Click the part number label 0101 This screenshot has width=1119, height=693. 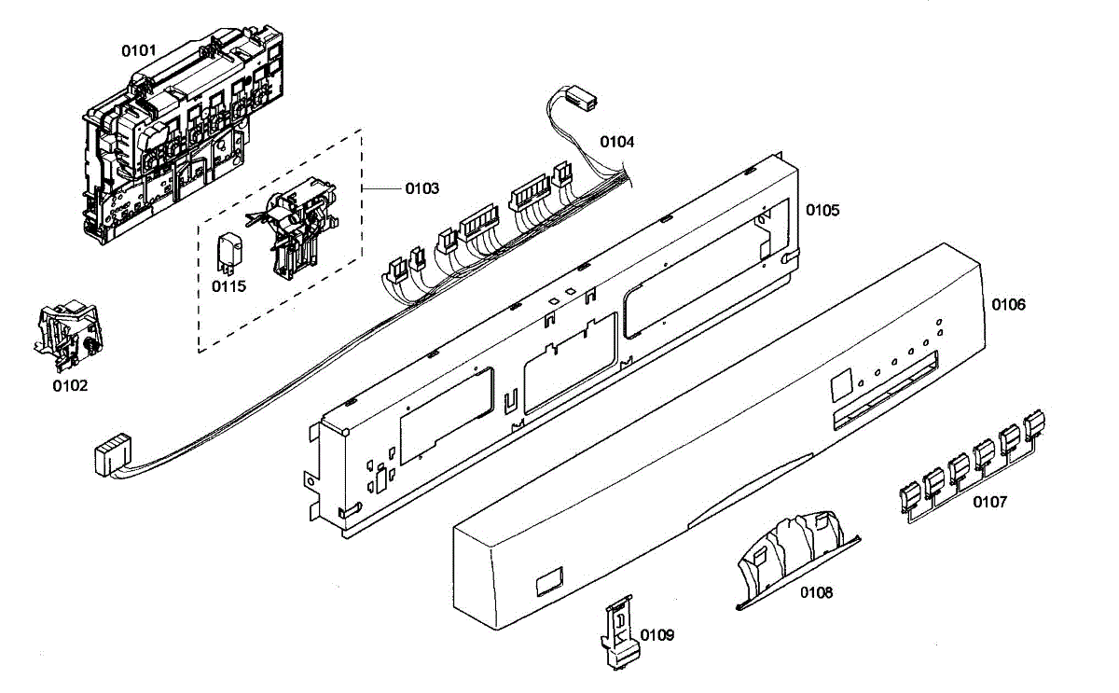tap(139, 49)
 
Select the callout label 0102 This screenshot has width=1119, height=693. tap(70, 384)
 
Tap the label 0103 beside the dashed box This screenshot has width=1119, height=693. tap(421, 188)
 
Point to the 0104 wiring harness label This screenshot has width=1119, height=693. tap(616, 142)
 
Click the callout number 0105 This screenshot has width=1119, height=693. tap(822, 211)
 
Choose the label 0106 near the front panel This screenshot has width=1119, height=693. tap(1008, 305)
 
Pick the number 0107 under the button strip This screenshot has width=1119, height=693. tap(989, 502)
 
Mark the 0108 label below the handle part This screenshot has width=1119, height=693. tap(816, 592)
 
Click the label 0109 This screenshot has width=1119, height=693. tap(656, 635)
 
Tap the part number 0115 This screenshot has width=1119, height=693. tap(228, 286)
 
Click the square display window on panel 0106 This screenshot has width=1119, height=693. tap(839, 381)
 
